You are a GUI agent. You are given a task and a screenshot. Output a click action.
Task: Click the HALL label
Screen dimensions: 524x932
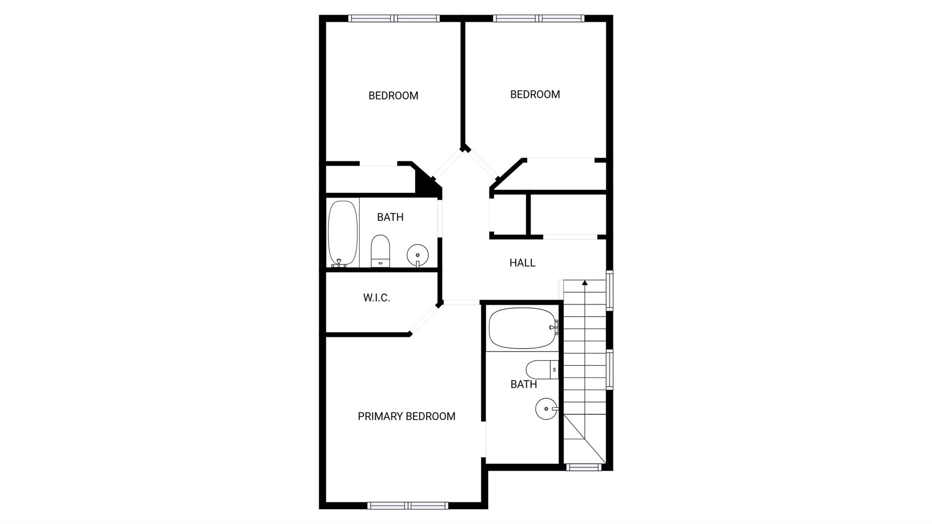point(522,263)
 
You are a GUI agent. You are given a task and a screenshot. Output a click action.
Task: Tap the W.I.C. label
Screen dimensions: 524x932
point(376,298)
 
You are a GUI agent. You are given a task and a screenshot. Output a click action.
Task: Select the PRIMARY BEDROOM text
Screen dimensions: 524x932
point(406,416)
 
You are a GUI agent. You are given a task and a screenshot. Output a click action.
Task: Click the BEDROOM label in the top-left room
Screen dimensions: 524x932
point(393,96)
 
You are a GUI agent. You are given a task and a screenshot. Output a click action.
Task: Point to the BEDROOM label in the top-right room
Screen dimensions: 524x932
point(535,94)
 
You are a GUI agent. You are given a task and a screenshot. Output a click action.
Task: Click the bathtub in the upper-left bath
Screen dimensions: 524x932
point(343,233)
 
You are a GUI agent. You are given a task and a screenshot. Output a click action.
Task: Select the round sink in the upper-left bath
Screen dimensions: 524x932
point(417,255)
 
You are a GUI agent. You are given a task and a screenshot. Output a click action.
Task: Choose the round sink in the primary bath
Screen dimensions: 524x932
point(546,408)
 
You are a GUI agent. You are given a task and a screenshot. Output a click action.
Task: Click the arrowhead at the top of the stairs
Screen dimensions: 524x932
point(585,283)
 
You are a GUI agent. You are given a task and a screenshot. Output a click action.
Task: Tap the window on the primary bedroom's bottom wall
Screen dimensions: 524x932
point(408,505)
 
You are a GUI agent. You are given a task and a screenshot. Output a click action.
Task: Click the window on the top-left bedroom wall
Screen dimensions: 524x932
point(394,19)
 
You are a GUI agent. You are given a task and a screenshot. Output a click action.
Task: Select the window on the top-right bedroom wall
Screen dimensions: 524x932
point(539,19)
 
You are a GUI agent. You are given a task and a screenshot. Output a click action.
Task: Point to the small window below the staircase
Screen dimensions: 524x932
point(583,467)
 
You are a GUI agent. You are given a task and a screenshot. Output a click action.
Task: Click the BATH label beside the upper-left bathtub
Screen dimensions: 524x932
point(390,217)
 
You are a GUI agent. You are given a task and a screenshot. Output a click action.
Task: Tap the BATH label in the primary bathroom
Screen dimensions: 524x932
point(523,384)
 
